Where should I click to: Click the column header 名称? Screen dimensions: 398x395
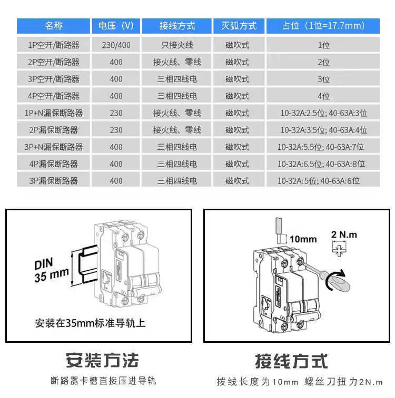(x=53, y=26)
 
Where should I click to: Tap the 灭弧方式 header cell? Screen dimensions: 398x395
(x=238, y=26)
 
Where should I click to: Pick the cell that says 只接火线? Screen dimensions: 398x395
(x=177, y=45)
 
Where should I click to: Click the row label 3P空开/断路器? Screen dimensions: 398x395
(x=53, y=79)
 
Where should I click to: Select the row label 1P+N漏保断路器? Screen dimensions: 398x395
(x=53, y=113)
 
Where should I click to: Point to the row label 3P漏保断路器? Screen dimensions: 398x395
(x=53, y=181)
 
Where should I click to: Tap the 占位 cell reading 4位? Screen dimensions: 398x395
(x=323, y=96)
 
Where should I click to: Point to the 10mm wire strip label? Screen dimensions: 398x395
(x=303, y=239)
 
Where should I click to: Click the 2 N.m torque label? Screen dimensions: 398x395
(x=344, y=234)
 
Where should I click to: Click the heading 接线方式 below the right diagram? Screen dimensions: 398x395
(x=291, y=361)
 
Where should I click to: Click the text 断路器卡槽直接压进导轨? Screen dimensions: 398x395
(x=103, y=381)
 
